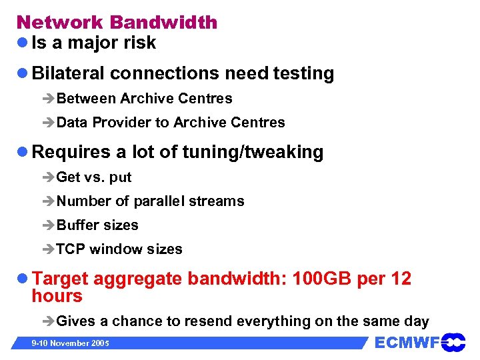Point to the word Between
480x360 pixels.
click(x=86, y=99)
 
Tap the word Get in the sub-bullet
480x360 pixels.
click(x=68, y=177)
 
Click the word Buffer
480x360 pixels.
click(x=77, y=225)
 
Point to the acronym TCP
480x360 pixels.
click(x=71, y=249)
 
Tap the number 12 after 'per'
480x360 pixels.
click(x=401, y=279)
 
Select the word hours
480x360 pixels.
click(x=57, y=296)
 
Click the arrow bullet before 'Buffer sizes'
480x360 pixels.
click(x=48, y=226)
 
